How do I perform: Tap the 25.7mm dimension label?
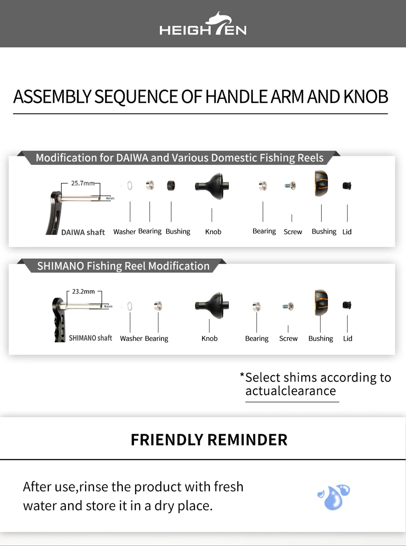(x=83, y=183)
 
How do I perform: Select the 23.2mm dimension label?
(x=83, y=292)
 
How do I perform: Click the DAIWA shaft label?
(x=83, y=232)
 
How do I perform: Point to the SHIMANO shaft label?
(x=90, y=338)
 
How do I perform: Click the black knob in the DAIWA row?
(x=212, y=186)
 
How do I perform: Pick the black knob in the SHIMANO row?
(x=212, y=306)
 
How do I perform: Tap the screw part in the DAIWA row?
(x=290, y=186)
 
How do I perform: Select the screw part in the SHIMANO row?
(x=288, y=306)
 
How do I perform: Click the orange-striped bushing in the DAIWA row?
(x=321, y=183)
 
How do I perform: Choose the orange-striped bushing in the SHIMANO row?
(x=321, y=302)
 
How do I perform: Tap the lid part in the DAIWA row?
(x=347, y=186)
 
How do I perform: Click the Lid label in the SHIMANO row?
(x=347, y=338)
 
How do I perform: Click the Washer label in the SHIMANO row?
(x=131, y=338)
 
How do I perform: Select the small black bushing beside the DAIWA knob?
(x=171, y=186)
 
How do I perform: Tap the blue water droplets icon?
(x=334, y=497)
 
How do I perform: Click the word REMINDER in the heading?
(x=247, y=440)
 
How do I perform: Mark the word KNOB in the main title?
(x=366, y=97)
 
